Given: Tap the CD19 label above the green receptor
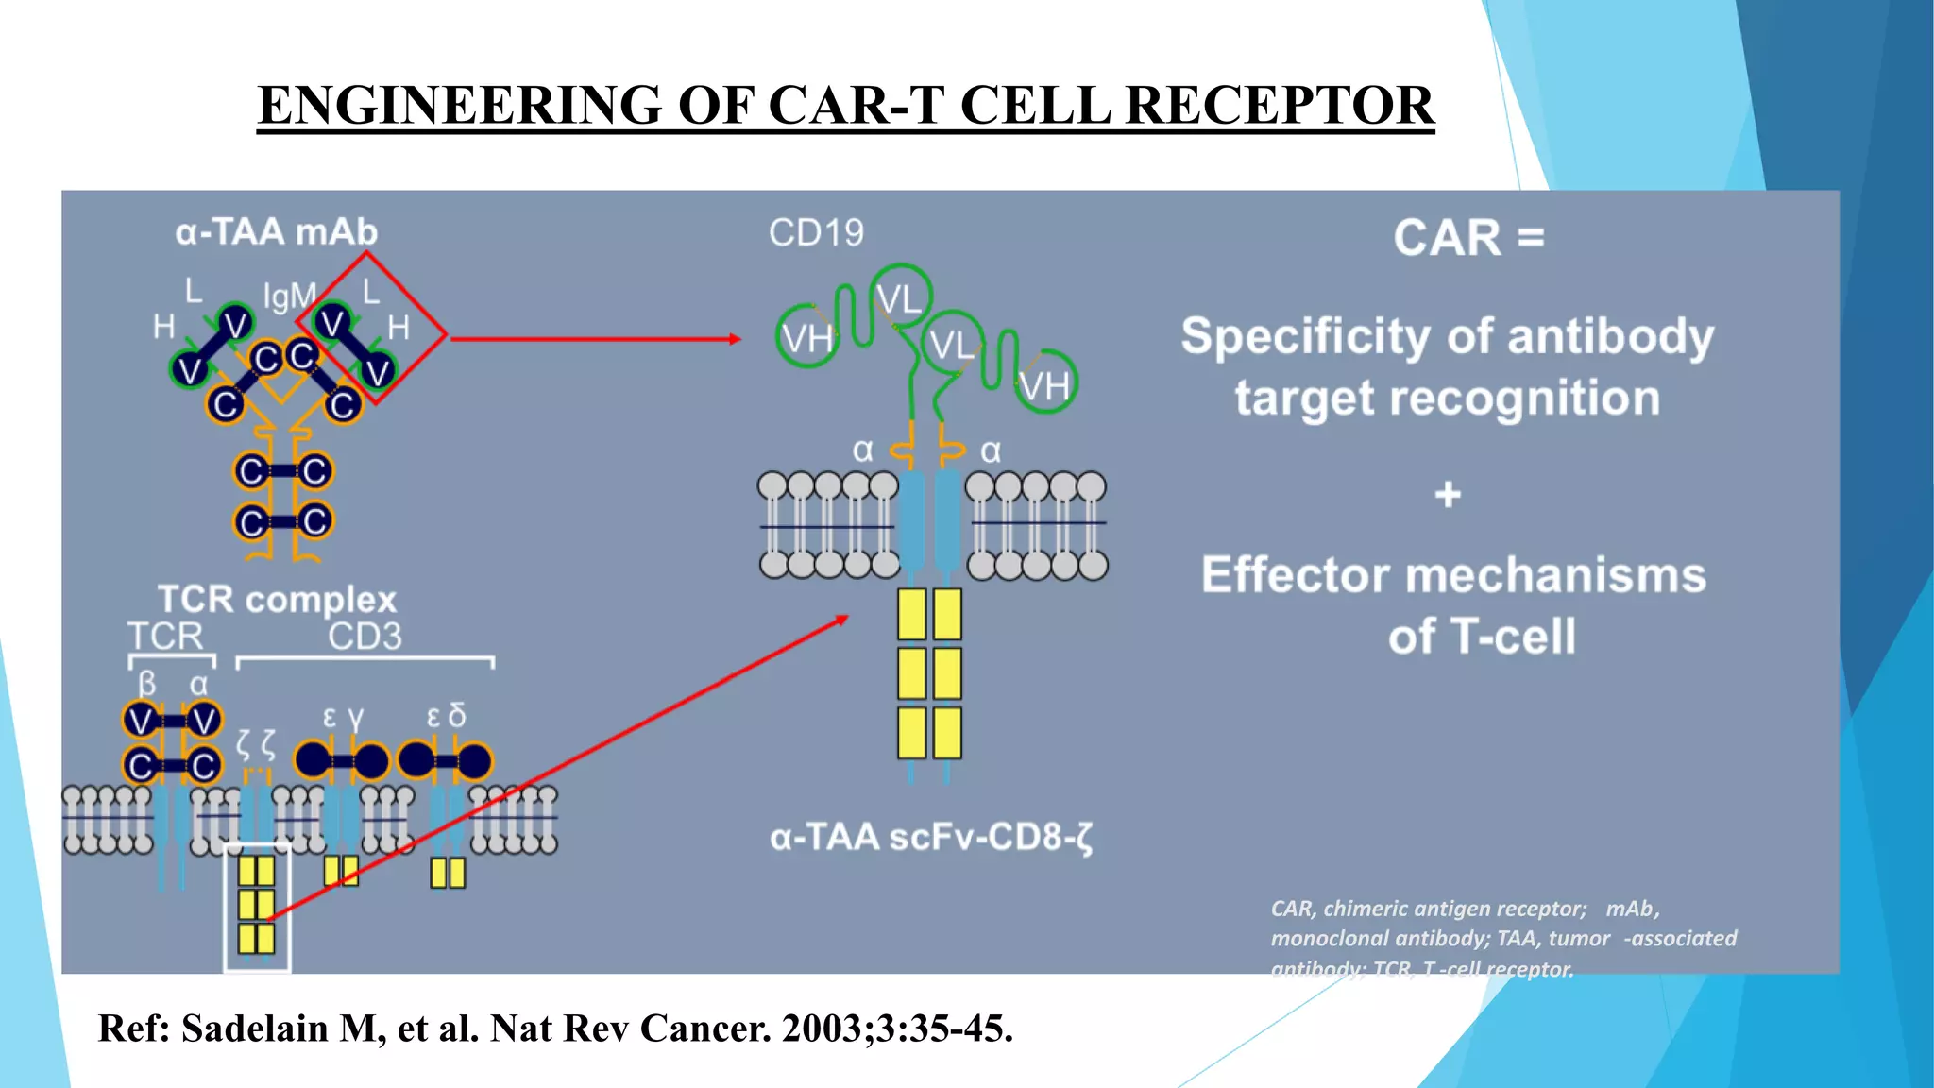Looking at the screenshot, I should (816, 232).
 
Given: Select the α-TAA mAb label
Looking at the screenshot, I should (277, 232).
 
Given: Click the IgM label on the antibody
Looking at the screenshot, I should (289, 297).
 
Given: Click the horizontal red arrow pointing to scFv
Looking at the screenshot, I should (595, 338).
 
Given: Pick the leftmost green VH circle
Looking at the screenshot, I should (806, 337).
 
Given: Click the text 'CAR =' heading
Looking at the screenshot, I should (1468, 237).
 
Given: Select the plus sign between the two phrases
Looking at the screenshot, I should (1448, 494).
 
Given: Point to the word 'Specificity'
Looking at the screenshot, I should (1306, 336).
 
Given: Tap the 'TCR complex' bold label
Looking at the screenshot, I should (277, 599).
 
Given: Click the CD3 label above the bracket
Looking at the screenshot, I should (365, 636).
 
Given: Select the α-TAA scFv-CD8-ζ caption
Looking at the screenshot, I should (931, 837).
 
